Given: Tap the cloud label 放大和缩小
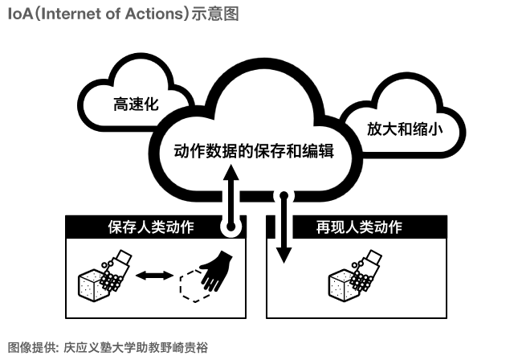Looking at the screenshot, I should tap(404, 128).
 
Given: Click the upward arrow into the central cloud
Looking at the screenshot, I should tap(230, 193).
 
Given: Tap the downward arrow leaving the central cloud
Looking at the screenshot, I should tap(283, 233).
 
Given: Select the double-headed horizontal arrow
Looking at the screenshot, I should tap(155, 275).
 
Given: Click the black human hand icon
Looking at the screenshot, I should tap(214, 272).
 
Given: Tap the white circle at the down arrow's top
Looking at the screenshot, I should tap(283, 194).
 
